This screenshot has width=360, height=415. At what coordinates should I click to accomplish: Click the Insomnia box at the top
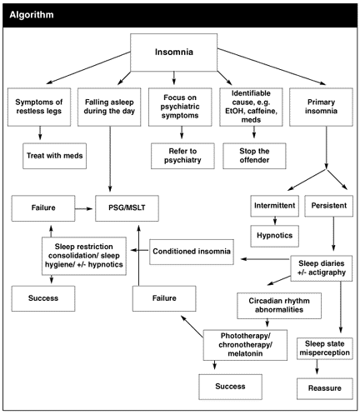(x=173, y=52)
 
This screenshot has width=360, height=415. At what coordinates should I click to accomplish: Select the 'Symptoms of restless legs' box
(x=39, y=107)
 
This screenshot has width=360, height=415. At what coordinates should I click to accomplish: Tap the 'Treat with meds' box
(x=54, y=156)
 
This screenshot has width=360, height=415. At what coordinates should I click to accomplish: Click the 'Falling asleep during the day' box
(x=109, y=107)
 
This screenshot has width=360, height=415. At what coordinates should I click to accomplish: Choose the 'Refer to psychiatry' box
(x=182, y=156)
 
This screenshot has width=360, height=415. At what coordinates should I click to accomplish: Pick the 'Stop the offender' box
(x=254, y=156)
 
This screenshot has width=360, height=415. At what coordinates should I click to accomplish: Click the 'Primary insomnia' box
(x=321, y=107)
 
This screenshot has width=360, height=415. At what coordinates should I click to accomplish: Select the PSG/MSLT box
(x=127, y=208)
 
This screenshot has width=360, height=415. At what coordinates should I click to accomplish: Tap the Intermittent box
(x=275, y=206)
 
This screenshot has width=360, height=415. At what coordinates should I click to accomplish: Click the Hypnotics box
(x=275, y=236)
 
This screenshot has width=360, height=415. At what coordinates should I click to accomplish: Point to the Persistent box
(x=329, y=206)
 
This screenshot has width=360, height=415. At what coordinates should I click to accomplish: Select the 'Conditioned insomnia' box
(x=192, y=252)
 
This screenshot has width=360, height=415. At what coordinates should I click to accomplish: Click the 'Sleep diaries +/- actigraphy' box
(x=322, y=268)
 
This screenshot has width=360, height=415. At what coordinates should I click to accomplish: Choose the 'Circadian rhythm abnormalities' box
(x=279, y=306)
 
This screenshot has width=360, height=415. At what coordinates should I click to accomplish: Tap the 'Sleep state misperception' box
(x=325, y=348)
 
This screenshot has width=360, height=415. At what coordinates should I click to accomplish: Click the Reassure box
(x=325, y=388)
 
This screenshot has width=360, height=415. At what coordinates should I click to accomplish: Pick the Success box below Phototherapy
(x=230, y=387)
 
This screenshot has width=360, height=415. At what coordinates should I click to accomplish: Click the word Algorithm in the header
(x=32, y=15)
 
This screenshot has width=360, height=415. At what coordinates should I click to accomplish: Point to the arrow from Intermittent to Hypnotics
(x=275, y=221)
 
